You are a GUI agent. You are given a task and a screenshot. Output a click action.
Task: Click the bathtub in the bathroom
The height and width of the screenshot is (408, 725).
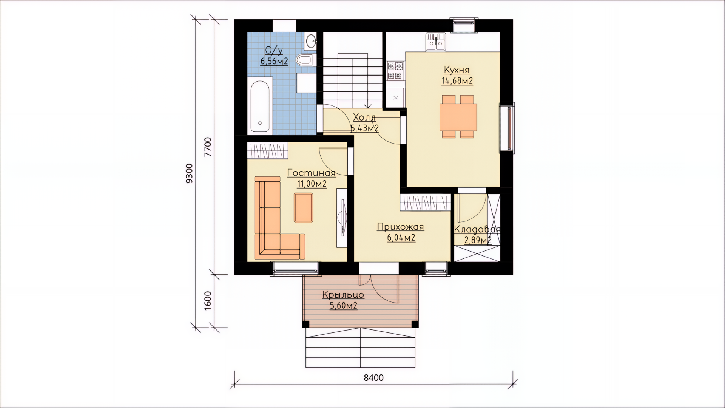click(x=260, y=105)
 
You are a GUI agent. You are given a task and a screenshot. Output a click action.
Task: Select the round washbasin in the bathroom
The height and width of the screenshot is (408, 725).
click(x=311, y=41)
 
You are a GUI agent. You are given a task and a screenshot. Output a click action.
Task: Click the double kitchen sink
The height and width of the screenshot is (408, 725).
click(x=436, y=42)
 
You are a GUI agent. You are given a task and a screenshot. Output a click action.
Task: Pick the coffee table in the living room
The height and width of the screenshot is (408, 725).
click(x=303, y=207)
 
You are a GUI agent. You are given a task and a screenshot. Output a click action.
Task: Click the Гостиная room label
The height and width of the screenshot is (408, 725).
click(x=312, y=173)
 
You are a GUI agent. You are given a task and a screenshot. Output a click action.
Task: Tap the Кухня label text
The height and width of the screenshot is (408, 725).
click(x=457, y=70)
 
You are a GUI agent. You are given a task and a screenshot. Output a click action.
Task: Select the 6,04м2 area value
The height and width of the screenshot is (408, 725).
click(x=401, y=238)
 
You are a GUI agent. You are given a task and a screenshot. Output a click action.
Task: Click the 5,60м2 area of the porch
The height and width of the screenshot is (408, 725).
click(x=344, y=306)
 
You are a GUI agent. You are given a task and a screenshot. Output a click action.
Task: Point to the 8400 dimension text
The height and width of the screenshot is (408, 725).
click(x=373, y=378)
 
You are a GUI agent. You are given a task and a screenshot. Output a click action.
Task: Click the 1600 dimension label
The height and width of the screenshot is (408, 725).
click(x=208, y=301)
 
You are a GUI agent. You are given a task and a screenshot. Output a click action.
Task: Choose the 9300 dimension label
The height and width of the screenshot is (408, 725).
click(x=189, y=173)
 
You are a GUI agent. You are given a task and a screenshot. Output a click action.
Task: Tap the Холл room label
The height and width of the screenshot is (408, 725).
click(x=364, y=117)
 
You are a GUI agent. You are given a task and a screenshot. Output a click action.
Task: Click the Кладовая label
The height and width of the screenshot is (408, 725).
click(x=477, y=229)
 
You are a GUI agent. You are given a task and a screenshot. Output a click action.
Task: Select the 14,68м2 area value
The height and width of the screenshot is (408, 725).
click(x=457, y=80)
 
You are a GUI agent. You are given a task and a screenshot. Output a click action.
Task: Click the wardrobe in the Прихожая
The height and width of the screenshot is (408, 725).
click(x=426, y=202)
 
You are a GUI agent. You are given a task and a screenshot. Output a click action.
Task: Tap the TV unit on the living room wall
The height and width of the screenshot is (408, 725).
click(x=342, y=218)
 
